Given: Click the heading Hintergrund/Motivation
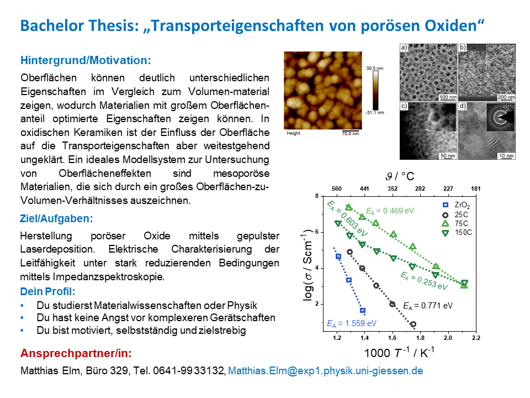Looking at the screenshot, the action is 86,60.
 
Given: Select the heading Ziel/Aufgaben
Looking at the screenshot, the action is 56,219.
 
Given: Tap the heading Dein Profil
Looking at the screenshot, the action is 47,291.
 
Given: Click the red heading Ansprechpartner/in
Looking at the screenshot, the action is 76,353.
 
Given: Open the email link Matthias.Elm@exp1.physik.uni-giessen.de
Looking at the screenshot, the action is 326,370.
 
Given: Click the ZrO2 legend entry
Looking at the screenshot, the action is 457,205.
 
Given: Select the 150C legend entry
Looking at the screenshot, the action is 457,233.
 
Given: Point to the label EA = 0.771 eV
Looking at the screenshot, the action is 428,306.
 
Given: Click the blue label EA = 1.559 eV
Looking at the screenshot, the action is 352,323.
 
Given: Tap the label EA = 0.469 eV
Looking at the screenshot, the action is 390,211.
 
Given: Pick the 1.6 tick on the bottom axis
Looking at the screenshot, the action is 392,338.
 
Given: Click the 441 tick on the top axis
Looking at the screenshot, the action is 364,188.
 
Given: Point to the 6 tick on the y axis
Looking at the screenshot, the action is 317,232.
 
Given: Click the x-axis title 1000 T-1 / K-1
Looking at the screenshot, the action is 399,352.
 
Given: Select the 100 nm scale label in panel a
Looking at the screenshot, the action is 448,97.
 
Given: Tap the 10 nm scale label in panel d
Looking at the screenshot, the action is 506,156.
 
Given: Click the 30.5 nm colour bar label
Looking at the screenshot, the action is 375,69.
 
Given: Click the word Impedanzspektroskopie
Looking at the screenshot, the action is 108,277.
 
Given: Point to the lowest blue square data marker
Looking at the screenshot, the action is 363,310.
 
